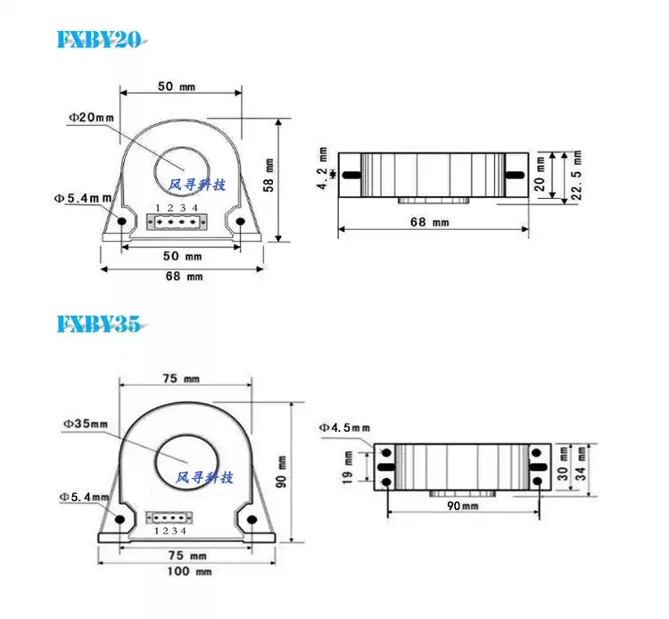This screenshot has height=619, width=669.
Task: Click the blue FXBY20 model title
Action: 99,39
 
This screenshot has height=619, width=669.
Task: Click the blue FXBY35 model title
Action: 99,324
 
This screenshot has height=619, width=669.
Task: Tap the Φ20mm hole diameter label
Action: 92,118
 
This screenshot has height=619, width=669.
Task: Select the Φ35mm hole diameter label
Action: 86,424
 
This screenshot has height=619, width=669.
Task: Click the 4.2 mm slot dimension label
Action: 323,168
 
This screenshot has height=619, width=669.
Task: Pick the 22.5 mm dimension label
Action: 577,175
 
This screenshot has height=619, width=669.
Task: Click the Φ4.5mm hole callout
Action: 344,427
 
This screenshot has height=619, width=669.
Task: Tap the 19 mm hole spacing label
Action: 348,467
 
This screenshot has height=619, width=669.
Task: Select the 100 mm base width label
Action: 189,571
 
